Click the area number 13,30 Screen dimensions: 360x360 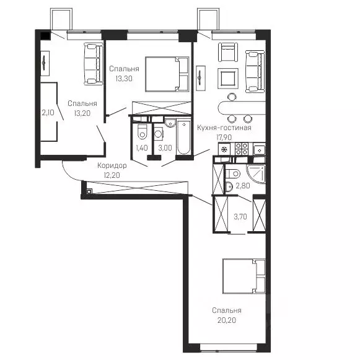(x=124, y=79)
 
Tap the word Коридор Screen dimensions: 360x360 (x=112, y=165)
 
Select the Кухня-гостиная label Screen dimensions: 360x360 (x=224, y=128)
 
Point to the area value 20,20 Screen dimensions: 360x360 (x=227, y=320)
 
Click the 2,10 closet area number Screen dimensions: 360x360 (x=48, y=113)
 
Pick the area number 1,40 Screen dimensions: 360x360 (x=142, y=148)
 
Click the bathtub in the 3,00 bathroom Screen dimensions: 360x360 (x=183, y=138)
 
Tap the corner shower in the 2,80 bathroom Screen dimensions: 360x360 (x=257, y=173)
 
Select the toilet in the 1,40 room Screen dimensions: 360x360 (x=142, y=131)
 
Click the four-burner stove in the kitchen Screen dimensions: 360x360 (x=242, y=149)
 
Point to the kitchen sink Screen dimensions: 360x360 (x=260, y=150)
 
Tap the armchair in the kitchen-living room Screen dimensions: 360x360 (x=228, y=52)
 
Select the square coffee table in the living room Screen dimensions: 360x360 (x=228, y=79)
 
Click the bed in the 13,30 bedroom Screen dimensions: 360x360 (x=167, y=74)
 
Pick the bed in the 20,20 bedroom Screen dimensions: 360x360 (x=244, y=276)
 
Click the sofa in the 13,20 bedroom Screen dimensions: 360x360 (x=93, y=64)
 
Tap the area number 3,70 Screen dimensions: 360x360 (x=240, y=216)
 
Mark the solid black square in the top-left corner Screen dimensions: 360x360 (x=45, y=36)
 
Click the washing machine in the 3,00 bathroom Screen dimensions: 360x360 (x=159, y=133)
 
